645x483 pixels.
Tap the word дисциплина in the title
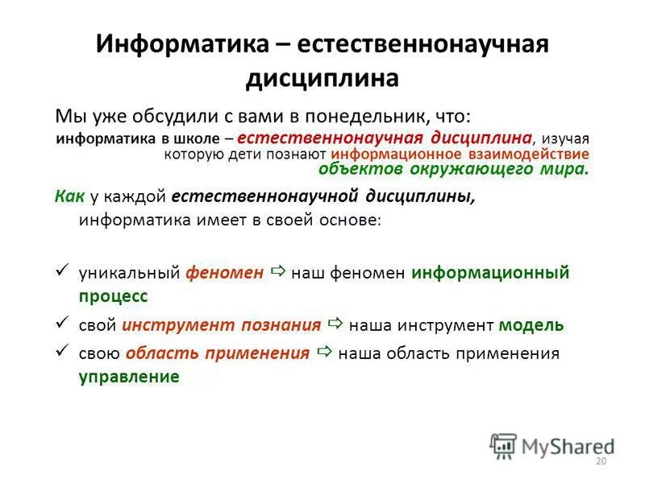tap(322, 78)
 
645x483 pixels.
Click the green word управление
tap(129, 376)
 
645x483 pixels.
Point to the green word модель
tap(531, 325)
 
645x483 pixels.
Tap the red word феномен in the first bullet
tap(225, 273)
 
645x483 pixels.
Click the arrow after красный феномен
tap(279, 272)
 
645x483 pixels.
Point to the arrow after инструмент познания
tap(336, 324)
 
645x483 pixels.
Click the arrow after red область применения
tap(325, 353)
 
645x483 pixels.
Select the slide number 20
tap(600, 461)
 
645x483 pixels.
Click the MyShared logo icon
tap(503, 445)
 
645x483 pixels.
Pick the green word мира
tap(570, 169)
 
